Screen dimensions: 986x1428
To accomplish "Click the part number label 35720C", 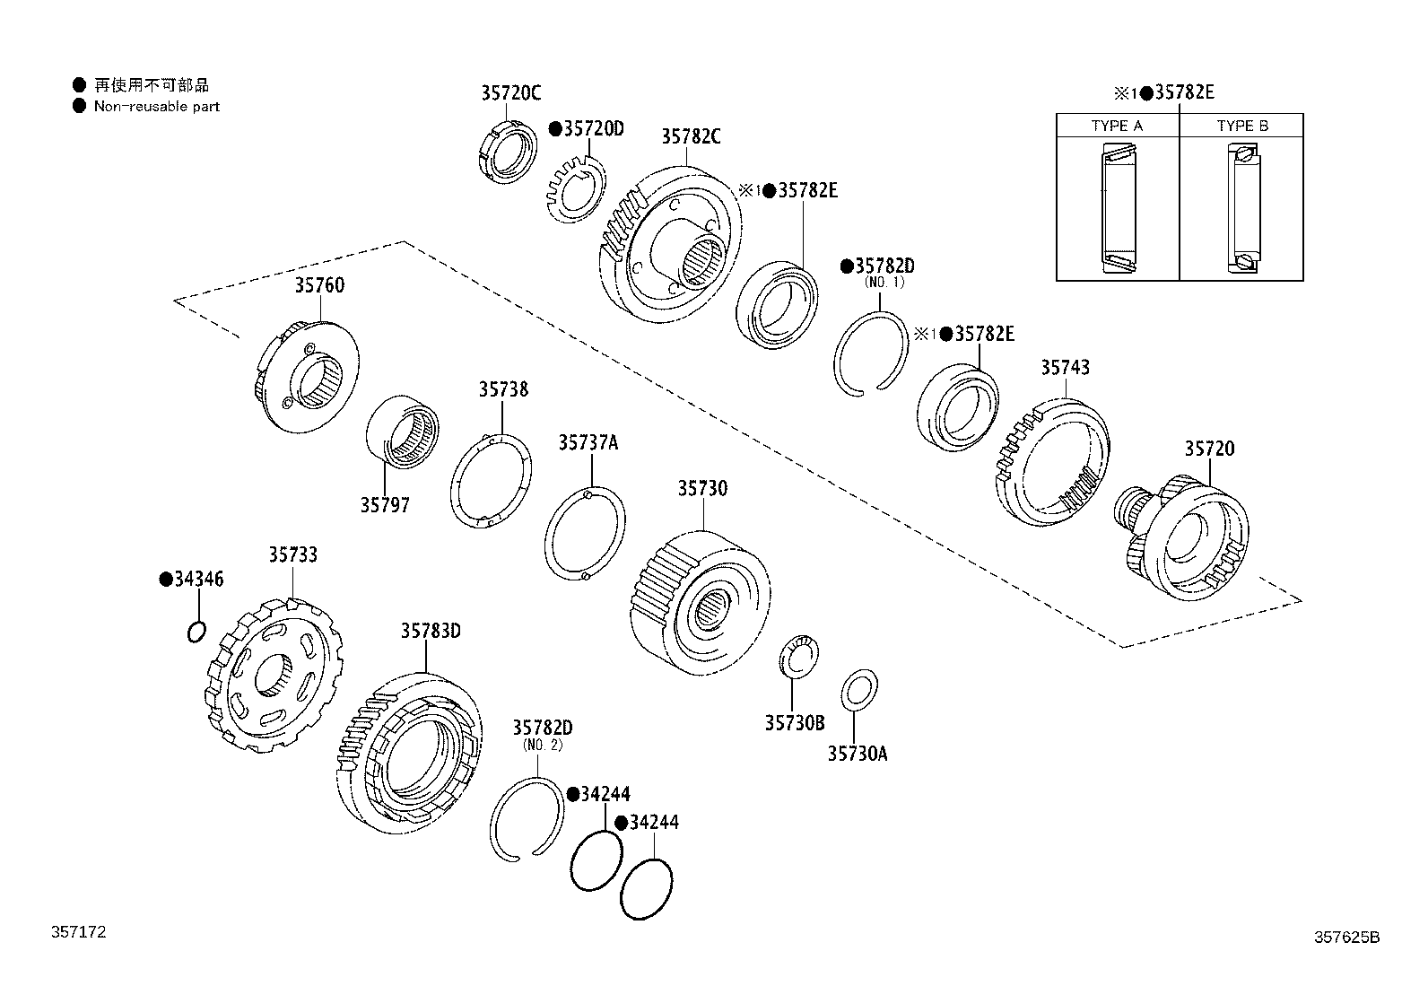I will click(510, 92).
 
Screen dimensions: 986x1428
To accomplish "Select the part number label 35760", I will click(319, 285).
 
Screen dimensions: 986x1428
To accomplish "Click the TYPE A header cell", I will click(1117, 126).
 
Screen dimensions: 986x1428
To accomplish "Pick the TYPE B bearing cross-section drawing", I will click(1241, 208).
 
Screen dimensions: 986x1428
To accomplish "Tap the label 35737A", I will click(588, 442).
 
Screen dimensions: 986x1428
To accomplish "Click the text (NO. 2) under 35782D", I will click(542, 744).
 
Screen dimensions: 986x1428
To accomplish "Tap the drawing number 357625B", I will click(1346, 938).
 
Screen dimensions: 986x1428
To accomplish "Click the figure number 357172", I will click(77, 932).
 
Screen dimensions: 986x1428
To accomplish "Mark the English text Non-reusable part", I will click(156, 106).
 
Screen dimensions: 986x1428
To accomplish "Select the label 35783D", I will click(430, 631).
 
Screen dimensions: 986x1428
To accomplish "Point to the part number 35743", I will click(1065, 367).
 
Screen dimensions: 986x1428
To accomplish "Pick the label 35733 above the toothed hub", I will click(292, 555).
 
